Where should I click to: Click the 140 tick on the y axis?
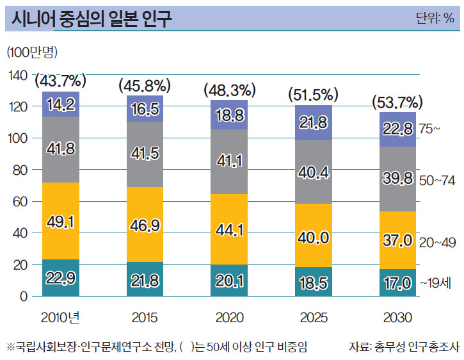[x=19, y=76]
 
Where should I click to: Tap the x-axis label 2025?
[x=313, y=317]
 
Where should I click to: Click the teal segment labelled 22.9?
[x=61, y=277]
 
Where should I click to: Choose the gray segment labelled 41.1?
[x=228, y=162]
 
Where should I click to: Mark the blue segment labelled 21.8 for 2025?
[x=313, y=122]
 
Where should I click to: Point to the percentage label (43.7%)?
[x=61, y=81]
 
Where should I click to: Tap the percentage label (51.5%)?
[x=313, y=95]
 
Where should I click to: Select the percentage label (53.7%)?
[x=397, y=102]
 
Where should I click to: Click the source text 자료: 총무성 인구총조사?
[x=404, y=347]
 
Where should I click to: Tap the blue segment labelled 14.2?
[x=61, y=104]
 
